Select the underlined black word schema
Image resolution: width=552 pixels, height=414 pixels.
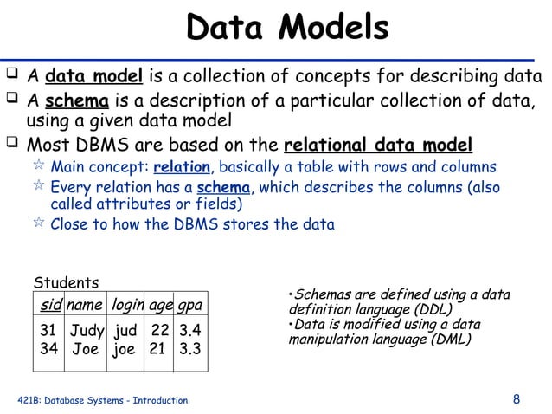[x=73, y=100]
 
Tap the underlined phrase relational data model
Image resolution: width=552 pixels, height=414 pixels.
[x=378, y=144]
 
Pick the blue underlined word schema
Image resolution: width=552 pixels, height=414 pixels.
[x=223, y=188]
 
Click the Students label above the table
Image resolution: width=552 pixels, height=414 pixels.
[x=66, y=283]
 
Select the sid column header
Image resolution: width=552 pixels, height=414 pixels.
[x=50, y=305]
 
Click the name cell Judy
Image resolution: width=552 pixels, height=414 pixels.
[x=87, y=330]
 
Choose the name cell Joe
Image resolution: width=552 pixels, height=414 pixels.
[x=85, y=349]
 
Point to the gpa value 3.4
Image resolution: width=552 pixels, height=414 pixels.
[x=189, y=330]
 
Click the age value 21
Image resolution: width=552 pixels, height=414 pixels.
[x=157, y=349]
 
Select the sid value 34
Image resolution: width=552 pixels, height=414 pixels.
[x=49, y=349]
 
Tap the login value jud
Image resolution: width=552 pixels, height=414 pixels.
[x=125, y=330]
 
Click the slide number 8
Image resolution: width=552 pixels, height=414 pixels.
[x=517, y=399]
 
